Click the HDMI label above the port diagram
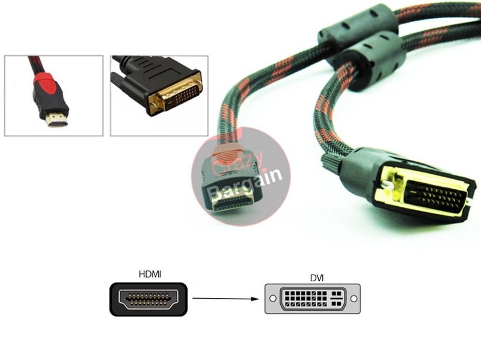pyautogui.click(x=150, y=274)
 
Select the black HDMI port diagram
pyautogui.click(x=149, y=299)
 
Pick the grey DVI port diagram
pyautogui.click(x=313, y=299)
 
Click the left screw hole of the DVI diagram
pyautogui.click(x=273, y=299)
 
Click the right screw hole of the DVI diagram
pyautogui.click(x=353, y=299)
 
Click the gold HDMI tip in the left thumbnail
pyautogui.click(x=57, y=120)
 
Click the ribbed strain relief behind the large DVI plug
pyautogui.click(x=330, y=161)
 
